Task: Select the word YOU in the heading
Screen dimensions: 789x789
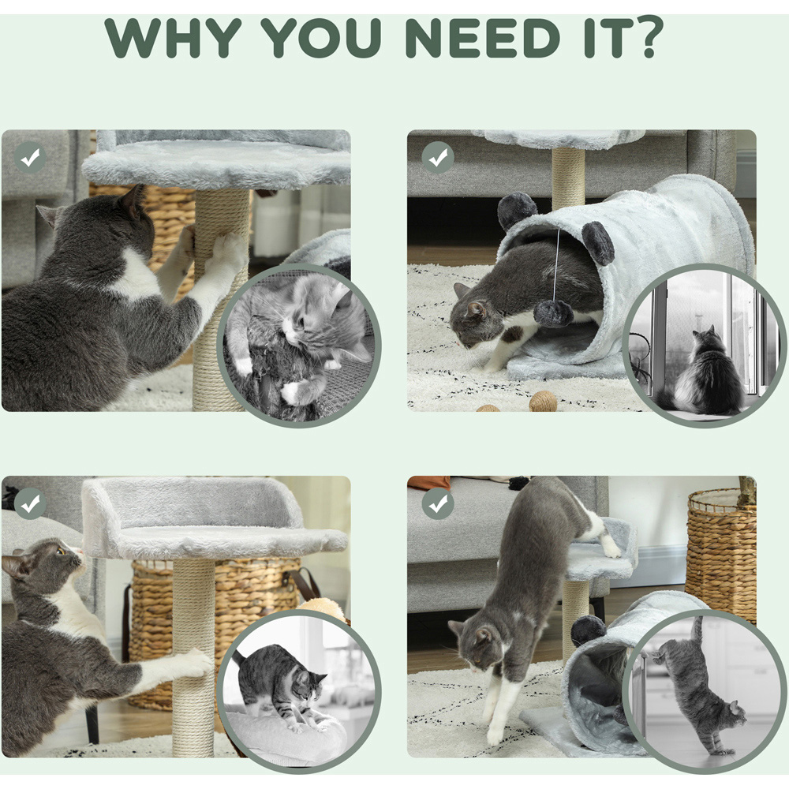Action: (320, 38)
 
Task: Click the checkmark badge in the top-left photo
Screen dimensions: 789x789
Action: (30, 158)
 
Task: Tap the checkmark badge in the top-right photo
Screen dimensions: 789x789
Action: (438, 158)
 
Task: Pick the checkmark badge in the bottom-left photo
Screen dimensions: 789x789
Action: (30, 503)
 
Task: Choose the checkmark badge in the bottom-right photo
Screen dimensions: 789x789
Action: (438, 503)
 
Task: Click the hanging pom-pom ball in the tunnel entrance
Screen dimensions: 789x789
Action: (554, 313)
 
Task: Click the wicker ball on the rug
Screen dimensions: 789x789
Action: (543, 402)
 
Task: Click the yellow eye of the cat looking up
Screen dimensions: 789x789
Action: (61, 552)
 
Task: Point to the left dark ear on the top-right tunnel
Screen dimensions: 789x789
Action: (517, 211)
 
